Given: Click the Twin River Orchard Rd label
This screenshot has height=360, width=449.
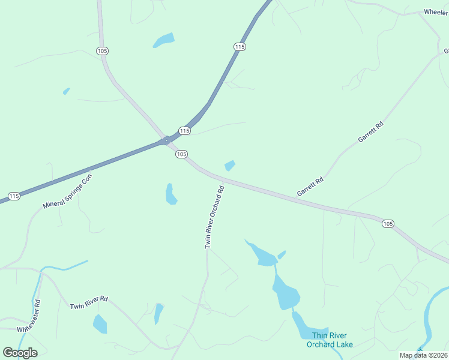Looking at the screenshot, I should [x=214, y=217].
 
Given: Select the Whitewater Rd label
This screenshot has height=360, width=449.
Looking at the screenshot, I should [x=29, y=316].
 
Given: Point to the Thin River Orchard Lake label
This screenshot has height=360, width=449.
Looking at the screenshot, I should [x=330, y=340].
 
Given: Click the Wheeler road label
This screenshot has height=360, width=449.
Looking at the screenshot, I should [x=436, y=12].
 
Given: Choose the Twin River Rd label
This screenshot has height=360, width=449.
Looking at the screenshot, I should [x=88, y=302].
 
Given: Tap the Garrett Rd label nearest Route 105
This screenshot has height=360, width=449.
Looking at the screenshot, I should [x=310, y=187].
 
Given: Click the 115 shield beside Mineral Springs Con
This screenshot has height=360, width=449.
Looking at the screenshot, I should [x=14, y=196].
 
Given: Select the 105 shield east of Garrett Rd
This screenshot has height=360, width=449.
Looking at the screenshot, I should [x=388, y=223].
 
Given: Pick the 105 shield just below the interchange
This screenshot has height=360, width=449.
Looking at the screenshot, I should [x=182, y=154].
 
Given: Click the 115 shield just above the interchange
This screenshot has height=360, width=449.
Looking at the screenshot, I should [x=184, y=131].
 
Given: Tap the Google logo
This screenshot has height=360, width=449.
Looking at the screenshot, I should [x=20, y=352].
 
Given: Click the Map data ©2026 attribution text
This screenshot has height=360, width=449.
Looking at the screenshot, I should [x=423, y=355].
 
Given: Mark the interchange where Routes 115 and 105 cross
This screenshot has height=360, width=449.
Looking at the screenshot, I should [x=166, y=141].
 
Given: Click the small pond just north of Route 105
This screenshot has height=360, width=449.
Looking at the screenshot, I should [x=229, y=165].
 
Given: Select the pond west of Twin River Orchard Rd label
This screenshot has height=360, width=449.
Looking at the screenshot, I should [x=170, y=194].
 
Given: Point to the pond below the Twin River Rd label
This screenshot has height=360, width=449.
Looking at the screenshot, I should [x=100, y=325].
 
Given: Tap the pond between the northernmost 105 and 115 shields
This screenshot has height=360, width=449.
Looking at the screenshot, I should [x=164, y=40].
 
